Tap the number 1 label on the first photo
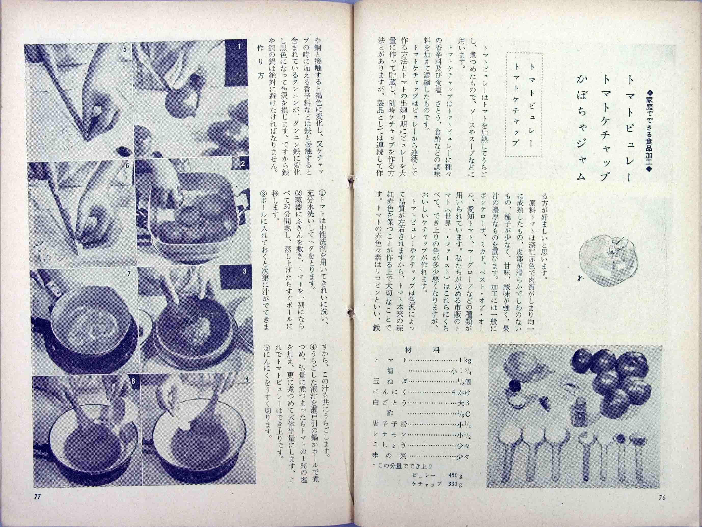click(x=239, y=47)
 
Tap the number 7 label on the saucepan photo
click(x=129, y=274)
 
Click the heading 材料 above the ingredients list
click(x=422, y=350)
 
